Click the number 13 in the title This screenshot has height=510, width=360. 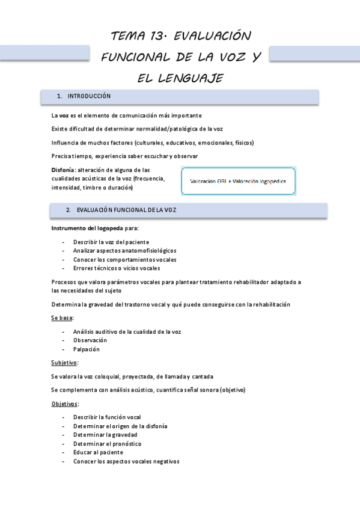click(157, 36)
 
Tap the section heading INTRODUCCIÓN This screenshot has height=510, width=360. click(89, 96)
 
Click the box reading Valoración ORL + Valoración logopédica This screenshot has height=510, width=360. click(238, 181)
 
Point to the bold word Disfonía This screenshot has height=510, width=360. click(63, 170)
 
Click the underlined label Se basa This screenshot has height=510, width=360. click(62, 318)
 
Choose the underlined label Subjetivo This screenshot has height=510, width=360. click(64, 363)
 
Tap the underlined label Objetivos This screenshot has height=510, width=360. click(65, 404)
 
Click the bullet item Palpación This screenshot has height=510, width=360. click(86, 349)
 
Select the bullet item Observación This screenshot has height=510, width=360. click(90, 340)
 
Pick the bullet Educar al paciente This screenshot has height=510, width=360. click(98, 452)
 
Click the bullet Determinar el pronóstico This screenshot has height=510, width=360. click(107, 443)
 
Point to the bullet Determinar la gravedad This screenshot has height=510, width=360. click(105, 434)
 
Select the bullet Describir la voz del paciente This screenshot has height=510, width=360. click(111, 242)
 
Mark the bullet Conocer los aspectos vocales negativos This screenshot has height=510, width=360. click(126, 461)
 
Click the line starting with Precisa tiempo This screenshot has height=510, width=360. click(124, 156)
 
